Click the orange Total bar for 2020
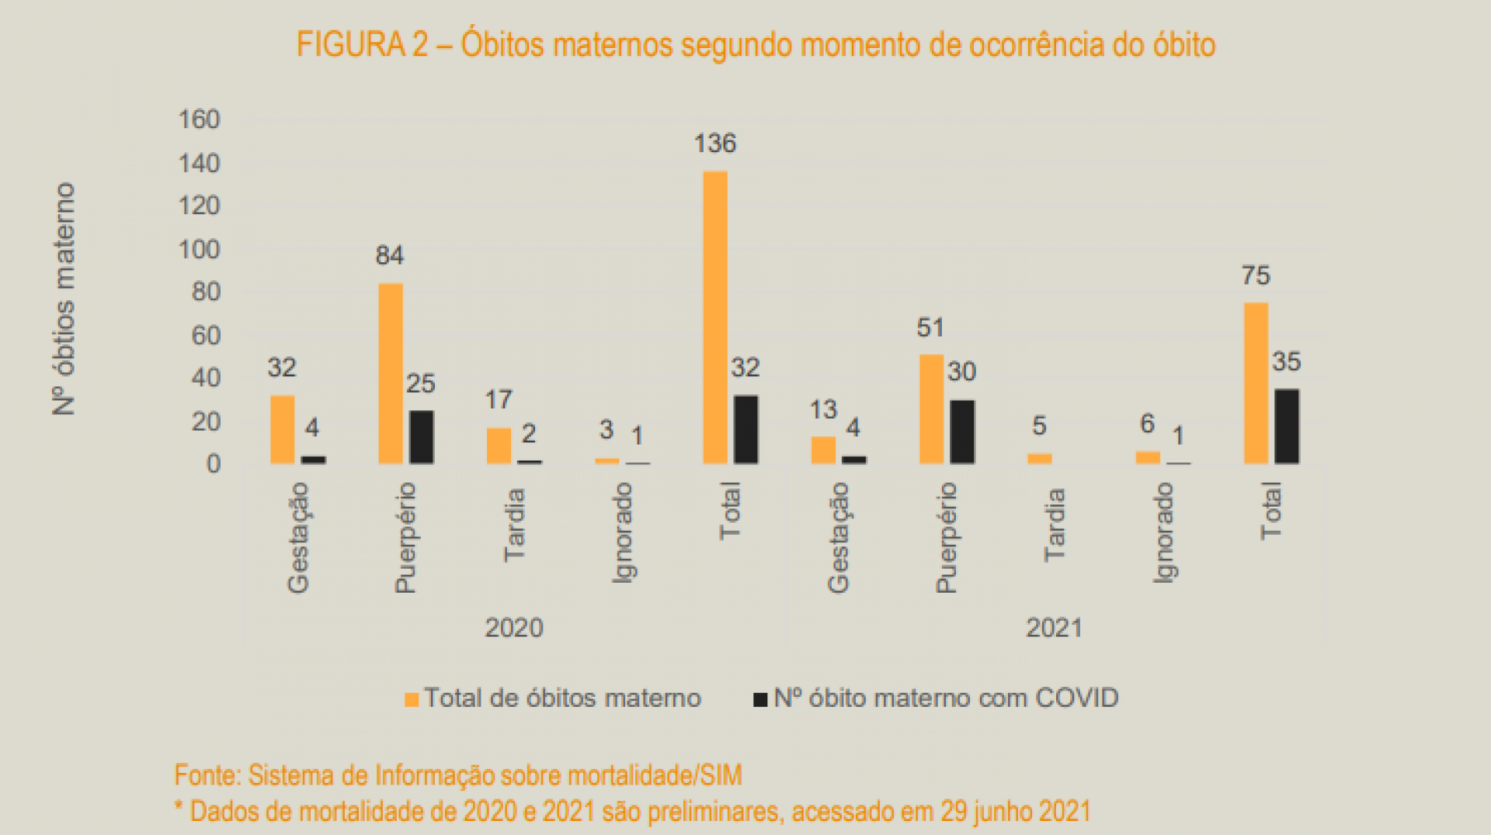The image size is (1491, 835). point(715,317)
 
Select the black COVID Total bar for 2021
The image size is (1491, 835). point(1287,426)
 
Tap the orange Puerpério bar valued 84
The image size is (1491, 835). point(391,373)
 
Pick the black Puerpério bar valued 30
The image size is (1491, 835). point(962,431)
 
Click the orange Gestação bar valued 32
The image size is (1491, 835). point(283,429)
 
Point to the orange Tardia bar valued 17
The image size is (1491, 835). point(499,445)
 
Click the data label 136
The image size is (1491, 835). point(715,144)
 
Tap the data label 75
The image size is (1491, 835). point(1256,275)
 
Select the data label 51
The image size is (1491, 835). point(930,327)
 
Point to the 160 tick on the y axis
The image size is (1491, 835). point(200,120)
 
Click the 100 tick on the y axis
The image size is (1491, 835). point(200,249)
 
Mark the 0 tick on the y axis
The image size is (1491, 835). point(213,464)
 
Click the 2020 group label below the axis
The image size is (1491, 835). point(514,627)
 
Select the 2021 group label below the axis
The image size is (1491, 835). point(1054,627)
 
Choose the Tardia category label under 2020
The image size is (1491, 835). point(514,525)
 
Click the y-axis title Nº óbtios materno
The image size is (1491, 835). point(64,299)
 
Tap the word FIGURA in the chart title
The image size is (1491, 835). point(351,44)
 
